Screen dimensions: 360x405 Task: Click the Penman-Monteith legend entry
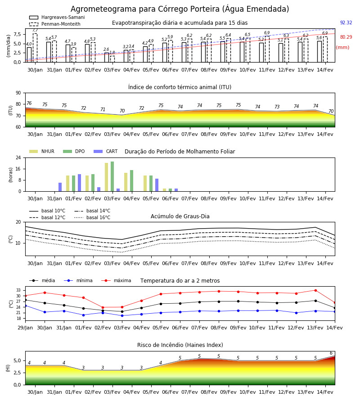click(55, 24)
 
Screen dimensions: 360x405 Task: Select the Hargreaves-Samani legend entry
click(57, 17)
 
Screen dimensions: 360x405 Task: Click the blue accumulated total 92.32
click(346, 23)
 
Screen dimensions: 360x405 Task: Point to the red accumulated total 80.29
click(346, 37)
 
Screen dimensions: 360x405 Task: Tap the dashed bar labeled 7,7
click(35, 48)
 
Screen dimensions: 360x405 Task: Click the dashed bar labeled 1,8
click(112, 59)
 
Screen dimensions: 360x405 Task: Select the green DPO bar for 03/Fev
click(112, 176)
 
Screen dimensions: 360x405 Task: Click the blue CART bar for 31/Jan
click(60, 187)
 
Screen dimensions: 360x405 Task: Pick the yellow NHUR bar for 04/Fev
click(126, 182)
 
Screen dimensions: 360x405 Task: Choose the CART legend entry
click(106, 151)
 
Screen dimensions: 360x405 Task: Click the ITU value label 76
click(29, 103)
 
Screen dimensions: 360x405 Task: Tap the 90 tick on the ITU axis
click(18, 93)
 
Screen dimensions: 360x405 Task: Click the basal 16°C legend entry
click(92, 217)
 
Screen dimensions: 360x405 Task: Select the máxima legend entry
click(116, 280)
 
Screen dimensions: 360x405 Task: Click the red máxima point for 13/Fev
click(315, 290)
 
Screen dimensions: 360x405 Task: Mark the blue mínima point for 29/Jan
click(25, 306)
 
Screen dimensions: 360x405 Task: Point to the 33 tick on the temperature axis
click(18, 290)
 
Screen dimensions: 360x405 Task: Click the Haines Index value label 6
click(331, 353)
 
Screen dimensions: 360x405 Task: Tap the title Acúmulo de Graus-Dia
click(180, 216)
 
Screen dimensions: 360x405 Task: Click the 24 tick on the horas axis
click(18, 157)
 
